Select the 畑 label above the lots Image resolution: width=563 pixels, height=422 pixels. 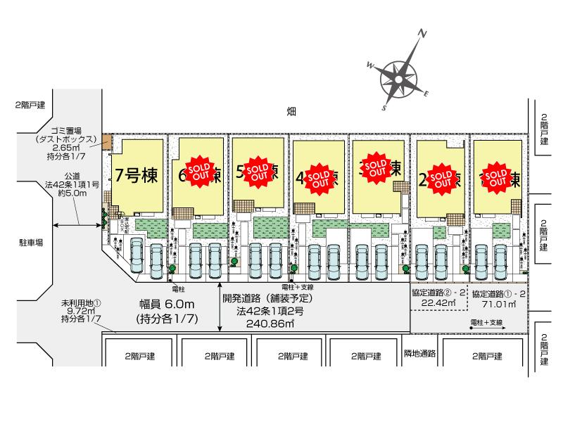click(291, 111)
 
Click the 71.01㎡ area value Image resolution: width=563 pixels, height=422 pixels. click(498, 305)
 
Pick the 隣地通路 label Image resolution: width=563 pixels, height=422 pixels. click(420, 353)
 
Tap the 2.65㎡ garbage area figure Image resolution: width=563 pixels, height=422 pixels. click(68, 148)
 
